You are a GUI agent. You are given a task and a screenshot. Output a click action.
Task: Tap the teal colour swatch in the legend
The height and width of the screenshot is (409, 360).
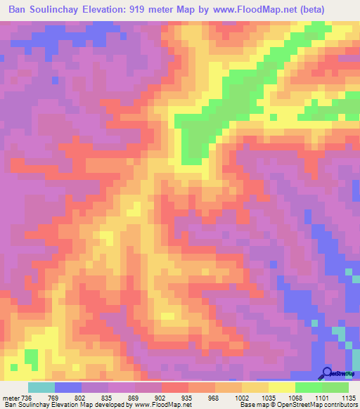pyautogui.click(x=41, y=387)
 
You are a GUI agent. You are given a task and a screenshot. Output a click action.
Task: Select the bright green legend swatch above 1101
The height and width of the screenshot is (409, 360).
pyautogui.click(x=308, y=387)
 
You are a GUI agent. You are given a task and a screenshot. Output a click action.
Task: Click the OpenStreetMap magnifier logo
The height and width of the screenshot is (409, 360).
pyautogui.click(x=328, y=372)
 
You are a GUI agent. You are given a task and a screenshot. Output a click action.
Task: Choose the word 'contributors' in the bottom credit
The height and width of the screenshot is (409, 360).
pyautogui.click(x=337, y=405)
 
